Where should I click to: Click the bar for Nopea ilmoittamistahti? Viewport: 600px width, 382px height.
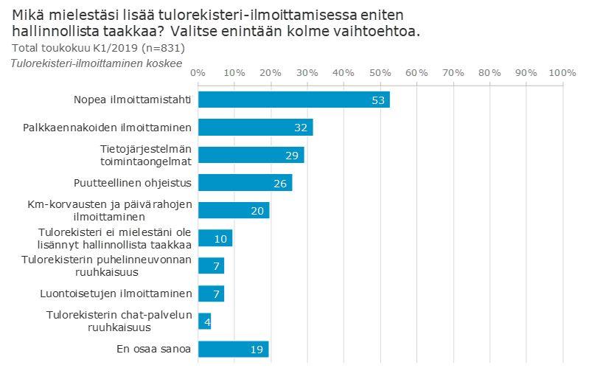click(293, 100)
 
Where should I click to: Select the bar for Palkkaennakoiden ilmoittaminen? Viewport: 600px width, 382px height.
click(255, 127)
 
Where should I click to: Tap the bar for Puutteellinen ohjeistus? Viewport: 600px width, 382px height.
click(245, 182)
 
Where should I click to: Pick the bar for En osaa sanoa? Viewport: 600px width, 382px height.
click(233, 349)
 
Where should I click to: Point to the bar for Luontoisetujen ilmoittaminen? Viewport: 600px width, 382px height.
click(211, 294)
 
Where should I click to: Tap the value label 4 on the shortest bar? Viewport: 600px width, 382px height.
click(208, 322)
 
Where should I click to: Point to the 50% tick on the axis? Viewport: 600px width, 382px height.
click(380, 72)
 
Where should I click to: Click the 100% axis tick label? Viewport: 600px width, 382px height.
click(562, 72)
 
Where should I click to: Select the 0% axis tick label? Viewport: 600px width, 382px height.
click(198, 72)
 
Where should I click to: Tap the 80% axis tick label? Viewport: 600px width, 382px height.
click(489, 72)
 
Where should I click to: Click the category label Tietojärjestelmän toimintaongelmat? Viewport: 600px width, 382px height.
click(146, 155)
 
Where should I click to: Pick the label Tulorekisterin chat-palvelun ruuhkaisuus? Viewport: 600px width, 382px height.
click(119, 321)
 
